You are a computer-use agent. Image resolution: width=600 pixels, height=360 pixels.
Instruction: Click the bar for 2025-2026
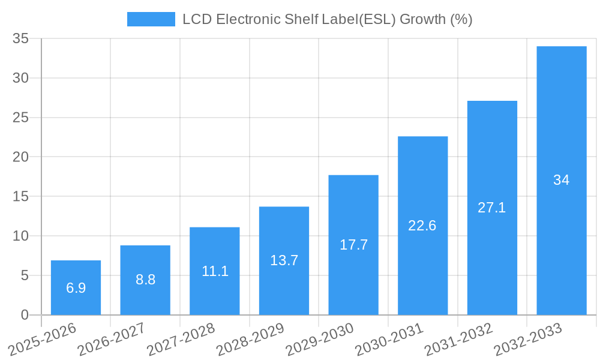click(76, 287)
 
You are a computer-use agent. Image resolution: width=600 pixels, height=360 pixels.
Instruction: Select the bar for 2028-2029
click(284, 260)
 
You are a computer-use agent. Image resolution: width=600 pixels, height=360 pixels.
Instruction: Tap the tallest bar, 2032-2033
click(562, 180)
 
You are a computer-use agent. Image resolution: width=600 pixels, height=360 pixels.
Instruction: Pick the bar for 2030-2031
click(422, 226)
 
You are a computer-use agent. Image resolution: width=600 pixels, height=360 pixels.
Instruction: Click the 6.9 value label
click(76, 288)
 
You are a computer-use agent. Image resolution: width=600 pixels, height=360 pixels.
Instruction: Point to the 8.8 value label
click(145, 280)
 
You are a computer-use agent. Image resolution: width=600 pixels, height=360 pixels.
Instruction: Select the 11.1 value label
click(215, 271)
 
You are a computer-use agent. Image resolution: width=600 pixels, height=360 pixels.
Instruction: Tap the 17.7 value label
click(353, 245)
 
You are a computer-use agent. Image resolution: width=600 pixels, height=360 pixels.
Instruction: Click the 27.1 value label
click(492, 208)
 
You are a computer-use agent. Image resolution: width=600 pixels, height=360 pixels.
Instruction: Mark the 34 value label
click(562, 180)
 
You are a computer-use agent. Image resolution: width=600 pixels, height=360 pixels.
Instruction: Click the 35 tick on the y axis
click(20, 38)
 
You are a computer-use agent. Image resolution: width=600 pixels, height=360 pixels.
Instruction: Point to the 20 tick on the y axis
click(20, 157)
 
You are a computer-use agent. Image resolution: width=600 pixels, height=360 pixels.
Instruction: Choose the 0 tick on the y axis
click(25, 315)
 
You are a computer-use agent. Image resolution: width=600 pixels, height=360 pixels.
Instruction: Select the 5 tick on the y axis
click(25, 275)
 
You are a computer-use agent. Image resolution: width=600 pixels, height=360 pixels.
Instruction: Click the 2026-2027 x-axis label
click(112, 339)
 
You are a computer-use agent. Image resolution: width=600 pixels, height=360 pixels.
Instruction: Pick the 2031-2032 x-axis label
click(458, 339)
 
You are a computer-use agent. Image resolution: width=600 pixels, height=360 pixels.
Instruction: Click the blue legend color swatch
click(151, 19)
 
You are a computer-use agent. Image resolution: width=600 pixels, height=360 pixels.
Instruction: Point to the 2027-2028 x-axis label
click(181, 339)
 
